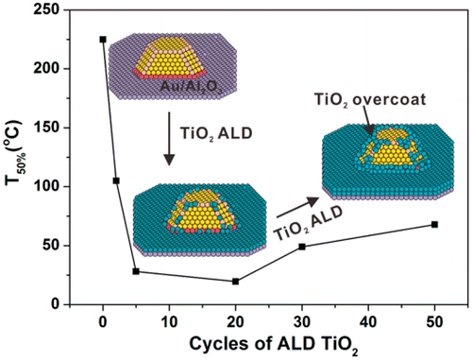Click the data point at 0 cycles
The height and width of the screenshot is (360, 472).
click(103, 40)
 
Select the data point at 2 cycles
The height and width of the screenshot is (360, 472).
click(116, 180)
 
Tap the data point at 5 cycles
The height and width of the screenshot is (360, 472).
click(136, 271)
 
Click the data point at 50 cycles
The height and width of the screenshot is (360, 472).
click(433, 224)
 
